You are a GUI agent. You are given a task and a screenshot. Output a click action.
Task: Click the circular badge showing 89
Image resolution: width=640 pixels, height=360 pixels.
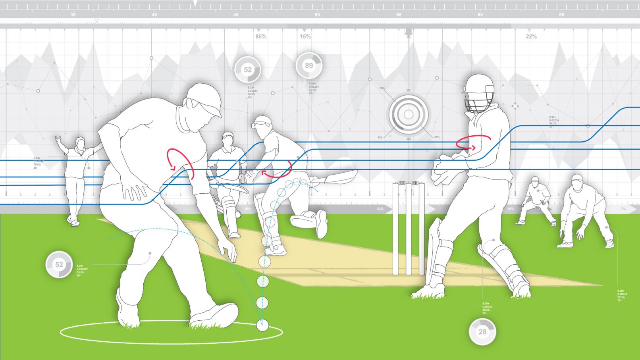pyautogui.click(x=309, y=65)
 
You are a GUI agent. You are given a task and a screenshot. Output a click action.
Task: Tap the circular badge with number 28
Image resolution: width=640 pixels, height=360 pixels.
pyautogui.click(x=482, y=331)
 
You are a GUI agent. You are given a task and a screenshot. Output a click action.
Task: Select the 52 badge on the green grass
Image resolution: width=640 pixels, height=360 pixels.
pyautogui.click(x=59, y=264)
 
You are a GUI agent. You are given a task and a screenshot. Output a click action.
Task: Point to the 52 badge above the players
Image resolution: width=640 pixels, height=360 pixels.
pyautogui.click(x=247, y=70)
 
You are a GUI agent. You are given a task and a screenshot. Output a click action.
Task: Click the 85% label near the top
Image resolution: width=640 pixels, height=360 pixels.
pyautogui.click(x=261, y=37)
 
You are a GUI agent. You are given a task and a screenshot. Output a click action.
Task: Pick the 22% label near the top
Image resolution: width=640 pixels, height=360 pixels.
pyautogui.click(x=531, y=37)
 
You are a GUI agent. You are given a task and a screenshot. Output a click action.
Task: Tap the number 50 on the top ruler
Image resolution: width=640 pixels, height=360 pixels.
pyautogui.click(x=317, y=15)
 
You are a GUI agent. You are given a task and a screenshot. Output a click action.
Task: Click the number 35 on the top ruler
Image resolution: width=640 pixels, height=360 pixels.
pyautogui.click(x=73, y=15)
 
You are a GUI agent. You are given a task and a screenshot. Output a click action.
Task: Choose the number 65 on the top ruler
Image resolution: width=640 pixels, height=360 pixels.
pyautogui.click(x=561, y=15)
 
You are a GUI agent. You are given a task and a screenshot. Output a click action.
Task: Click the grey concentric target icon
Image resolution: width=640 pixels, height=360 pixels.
pyautogui.click(x=409, y=115)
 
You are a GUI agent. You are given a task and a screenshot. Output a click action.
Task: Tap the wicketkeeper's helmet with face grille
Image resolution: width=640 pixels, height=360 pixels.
pyautogui.click(x=479, y=93)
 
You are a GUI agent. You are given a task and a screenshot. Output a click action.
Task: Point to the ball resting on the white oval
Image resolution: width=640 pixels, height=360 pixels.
pyautogui.click(x=262, y=325)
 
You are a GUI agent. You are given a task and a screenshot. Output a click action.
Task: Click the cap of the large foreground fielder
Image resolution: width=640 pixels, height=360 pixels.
pyautogui.click(x=205, y=99)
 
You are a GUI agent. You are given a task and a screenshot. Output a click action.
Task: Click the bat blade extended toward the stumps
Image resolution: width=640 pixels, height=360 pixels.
pyautogui.click(x=340, y=177)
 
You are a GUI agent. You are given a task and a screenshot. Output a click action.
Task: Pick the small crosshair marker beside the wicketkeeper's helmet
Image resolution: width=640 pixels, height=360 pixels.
pyautogui.click(x=515, y=106)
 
